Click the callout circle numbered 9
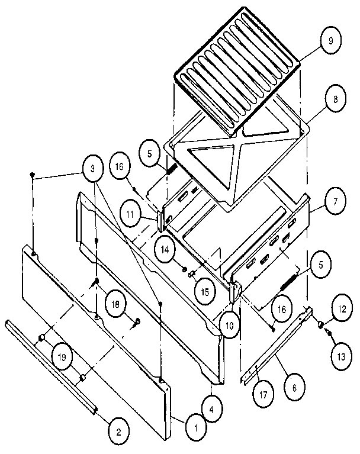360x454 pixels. coord(330,42)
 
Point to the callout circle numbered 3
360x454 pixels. coord(92,169)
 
